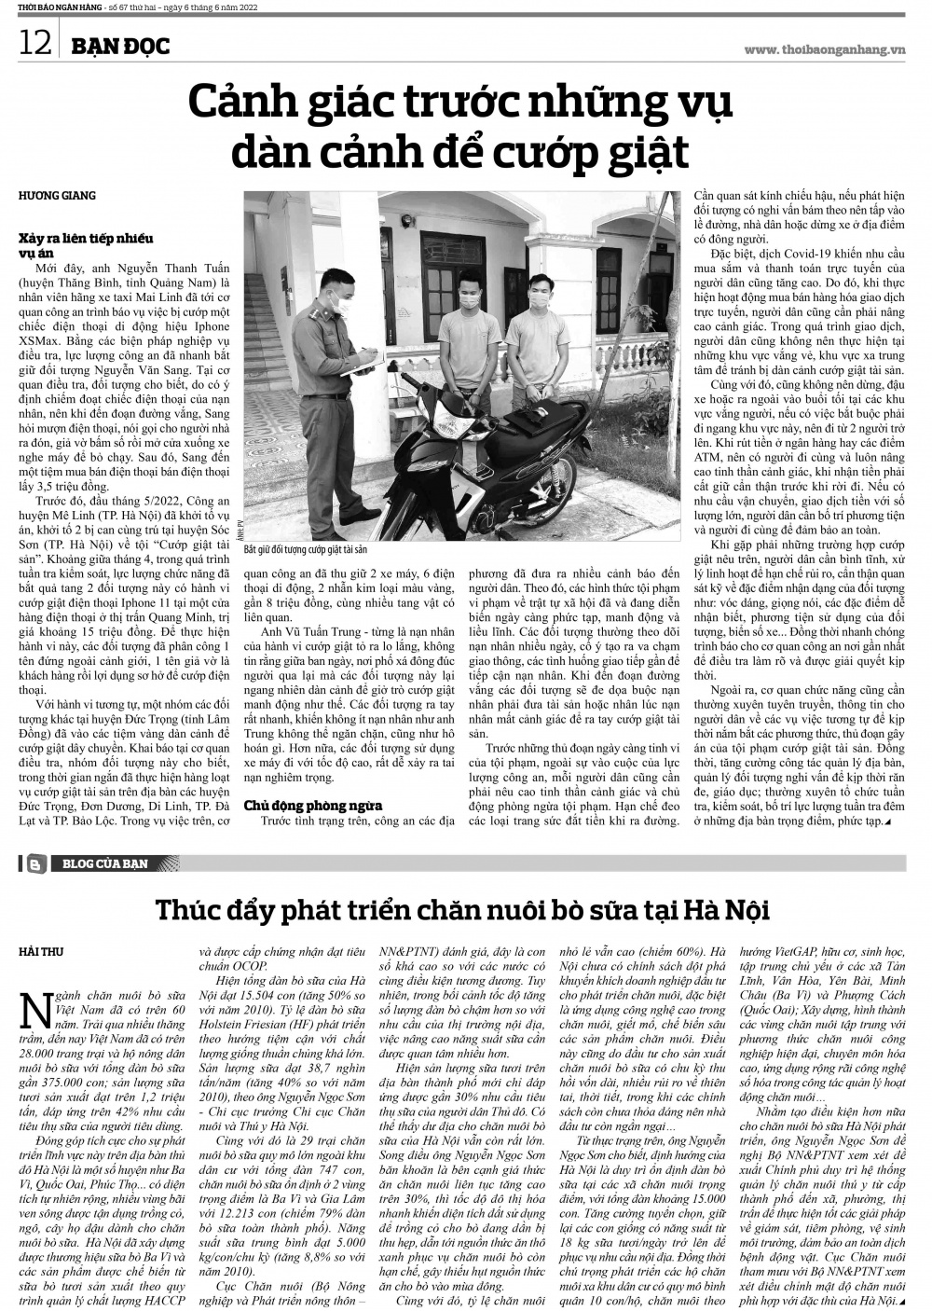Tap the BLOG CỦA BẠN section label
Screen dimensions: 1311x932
pos(104,863)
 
